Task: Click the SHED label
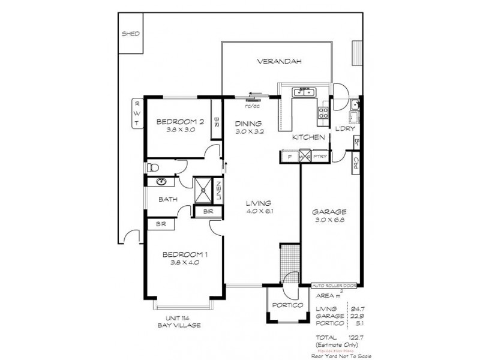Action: click(130, 34)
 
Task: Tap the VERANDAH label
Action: click(278, 61)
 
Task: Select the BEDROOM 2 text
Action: click(180, 122)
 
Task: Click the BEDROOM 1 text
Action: click(185, 255)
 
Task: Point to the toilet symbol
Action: click(153, 167)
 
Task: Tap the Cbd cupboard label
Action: click(355, 163)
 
